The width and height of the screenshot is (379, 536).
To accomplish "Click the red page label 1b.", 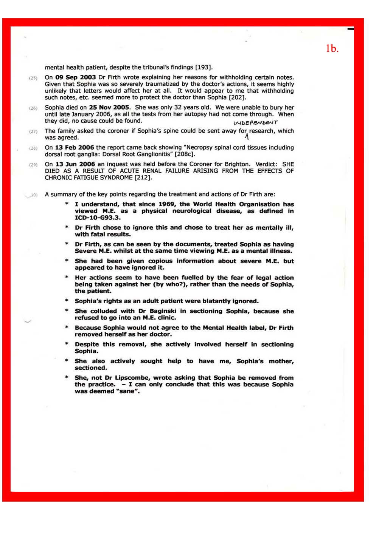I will (x=332, y=48).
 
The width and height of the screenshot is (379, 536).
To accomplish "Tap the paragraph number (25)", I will (x=33, y=78).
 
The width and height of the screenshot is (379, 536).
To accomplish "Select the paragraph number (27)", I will (x=33, y=131).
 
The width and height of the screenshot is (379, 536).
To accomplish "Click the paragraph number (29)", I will (x=33, y=165).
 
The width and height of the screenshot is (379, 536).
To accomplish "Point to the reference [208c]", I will (x=185, y=154).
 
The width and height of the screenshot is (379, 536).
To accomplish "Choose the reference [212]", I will (x=143, y=178).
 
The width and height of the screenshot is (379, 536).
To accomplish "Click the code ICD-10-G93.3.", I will (x=98, y=218).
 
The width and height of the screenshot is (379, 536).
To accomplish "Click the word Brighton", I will (x=234, y=164).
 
